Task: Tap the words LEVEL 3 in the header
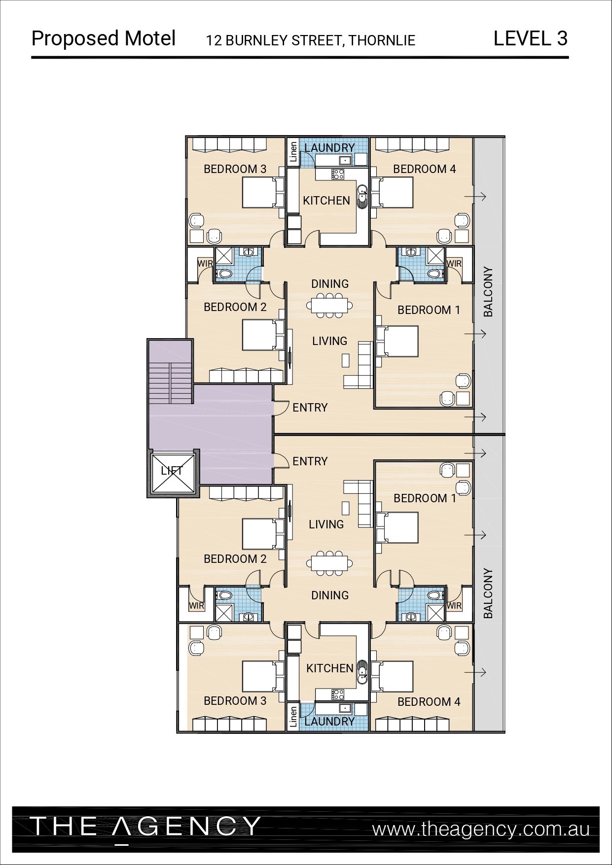tap(531, 38)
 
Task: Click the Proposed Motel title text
tap(104, 38)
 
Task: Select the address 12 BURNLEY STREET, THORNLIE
tap(311, 40)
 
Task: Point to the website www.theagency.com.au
tap(481, 829)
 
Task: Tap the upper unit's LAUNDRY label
tap(329, 147)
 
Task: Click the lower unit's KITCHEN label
tap(330, 668)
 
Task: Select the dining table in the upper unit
tap(329, 305)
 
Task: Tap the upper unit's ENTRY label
tap(310, 408)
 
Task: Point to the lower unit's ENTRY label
tap(310, 461)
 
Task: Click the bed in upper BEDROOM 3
tap(263, 193)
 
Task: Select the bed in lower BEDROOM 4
tap(392, 676)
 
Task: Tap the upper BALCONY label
tap(488, 292)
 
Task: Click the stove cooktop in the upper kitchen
tap(338, 173)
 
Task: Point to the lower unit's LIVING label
tap(326, 524)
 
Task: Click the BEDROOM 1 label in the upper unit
tap(429, 310)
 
